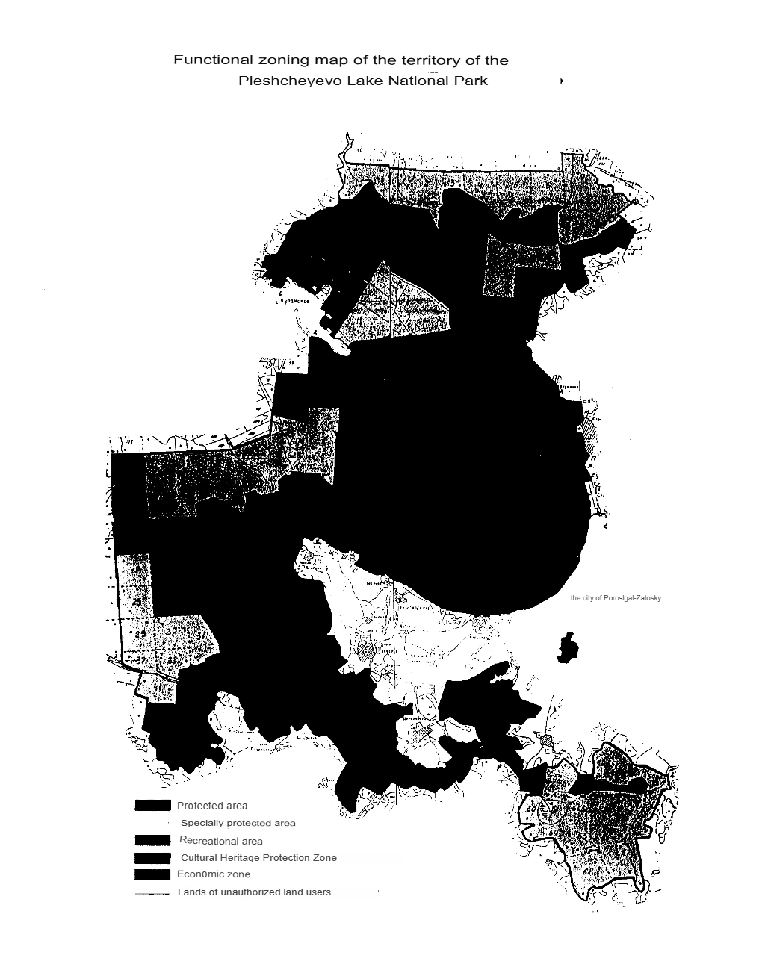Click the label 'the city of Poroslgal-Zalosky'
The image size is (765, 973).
(615, 598)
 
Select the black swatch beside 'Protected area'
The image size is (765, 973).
(152, 806)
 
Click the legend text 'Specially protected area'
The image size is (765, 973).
(238, 823)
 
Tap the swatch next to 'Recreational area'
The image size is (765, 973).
(152, 841)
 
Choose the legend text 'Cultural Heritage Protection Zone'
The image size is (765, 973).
(258, 857)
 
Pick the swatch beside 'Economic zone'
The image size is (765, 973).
(152, 874)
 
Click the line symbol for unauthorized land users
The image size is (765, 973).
(152, 892)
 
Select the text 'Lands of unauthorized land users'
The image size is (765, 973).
(254, 892)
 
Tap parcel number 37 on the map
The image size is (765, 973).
(141, 660)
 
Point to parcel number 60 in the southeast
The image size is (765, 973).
(532, 809)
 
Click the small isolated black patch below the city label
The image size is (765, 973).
(568, 647)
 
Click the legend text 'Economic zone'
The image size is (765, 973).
(214, 874)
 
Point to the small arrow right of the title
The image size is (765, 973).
(561, 81)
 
